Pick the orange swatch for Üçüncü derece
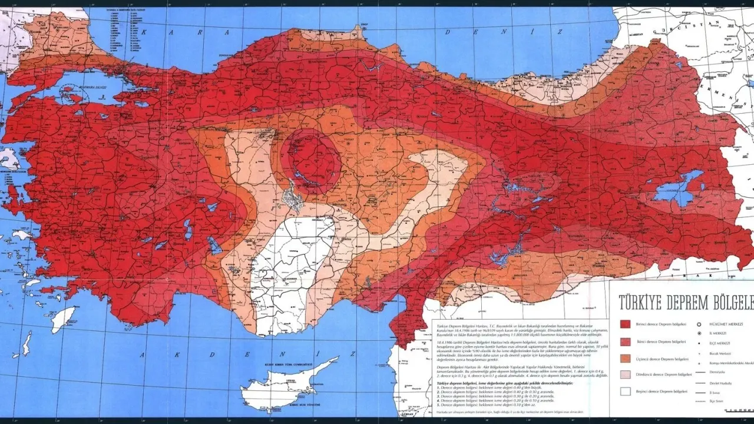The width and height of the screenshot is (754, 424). (x=625, y=358)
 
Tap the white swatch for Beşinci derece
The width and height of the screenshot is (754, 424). (x=625, y=391)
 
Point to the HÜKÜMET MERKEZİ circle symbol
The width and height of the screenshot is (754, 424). (x=699, y=324)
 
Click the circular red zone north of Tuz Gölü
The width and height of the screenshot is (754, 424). (x=310, y=160)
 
